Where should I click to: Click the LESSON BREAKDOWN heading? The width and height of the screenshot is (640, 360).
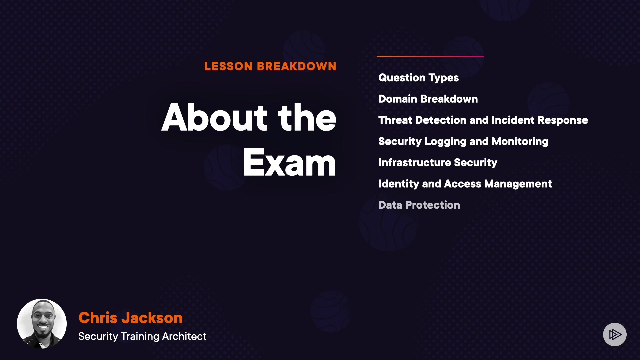click(x=270, y=66)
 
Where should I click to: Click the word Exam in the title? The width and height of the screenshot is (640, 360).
click(x=289, y=162)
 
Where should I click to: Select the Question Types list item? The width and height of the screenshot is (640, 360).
click(x=418, y=78)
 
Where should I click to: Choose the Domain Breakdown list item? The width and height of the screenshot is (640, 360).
click(x=428, y=99)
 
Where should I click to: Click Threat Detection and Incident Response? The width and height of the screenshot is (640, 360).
click(x=483, y=120)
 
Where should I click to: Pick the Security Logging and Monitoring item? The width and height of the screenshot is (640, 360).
click(x=463, y=142)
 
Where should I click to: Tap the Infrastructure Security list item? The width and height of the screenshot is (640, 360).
click(x=438, y=163)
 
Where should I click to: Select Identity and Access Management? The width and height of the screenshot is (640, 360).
click(x=465, y=184)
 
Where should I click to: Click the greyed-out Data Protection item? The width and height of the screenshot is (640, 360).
click(x=419, y=205)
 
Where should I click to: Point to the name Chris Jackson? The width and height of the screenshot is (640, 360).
click(x=130, y=318)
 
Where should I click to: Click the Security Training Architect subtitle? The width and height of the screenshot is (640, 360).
click(x=142, y=336)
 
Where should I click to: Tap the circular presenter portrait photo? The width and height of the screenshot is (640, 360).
click(x=42, y=324)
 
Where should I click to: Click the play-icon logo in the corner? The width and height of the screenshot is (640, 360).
click(x=615, y=334)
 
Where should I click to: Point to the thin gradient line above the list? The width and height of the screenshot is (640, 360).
click(x=430, y=56)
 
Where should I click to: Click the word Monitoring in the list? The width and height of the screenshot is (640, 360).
click(x=520, y=142)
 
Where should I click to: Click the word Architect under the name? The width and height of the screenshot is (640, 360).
click(x=184, y=336)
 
